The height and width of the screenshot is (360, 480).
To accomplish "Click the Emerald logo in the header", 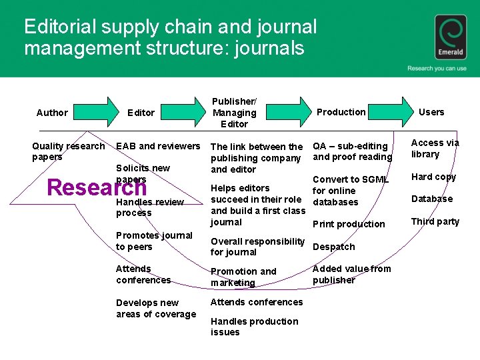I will click(451, 38).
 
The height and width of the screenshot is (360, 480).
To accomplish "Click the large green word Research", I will click(97, 188).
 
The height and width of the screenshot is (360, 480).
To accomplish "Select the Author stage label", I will click(52, 113).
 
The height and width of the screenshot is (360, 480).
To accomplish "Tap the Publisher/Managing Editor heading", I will click(234, 113).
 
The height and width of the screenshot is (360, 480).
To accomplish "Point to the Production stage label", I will click(341, 112).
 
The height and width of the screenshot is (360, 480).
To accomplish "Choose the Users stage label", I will click(431, 112).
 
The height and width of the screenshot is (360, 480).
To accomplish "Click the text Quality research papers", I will click(68, 151).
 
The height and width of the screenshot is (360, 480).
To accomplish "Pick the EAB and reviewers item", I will click(158, 146).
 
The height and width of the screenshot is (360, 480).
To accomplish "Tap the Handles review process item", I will click(149, 207).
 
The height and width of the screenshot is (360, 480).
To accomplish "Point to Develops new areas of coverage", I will click(156, 309).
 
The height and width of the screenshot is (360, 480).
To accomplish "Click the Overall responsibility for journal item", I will click(257, 247).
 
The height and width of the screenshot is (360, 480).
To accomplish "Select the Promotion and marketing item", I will click(243, 277).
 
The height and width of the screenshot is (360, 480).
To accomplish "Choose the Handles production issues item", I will click(254, 327).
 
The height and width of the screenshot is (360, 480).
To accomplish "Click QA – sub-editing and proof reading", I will click(352, 151).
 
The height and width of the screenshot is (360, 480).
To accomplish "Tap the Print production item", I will click(349, 224).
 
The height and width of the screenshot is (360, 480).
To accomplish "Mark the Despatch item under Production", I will click(333, 247).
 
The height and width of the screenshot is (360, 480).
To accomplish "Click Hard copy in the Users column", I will click(433, 177).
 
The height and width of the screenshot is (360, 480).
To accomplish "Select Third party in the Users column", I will click(435, 221).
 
